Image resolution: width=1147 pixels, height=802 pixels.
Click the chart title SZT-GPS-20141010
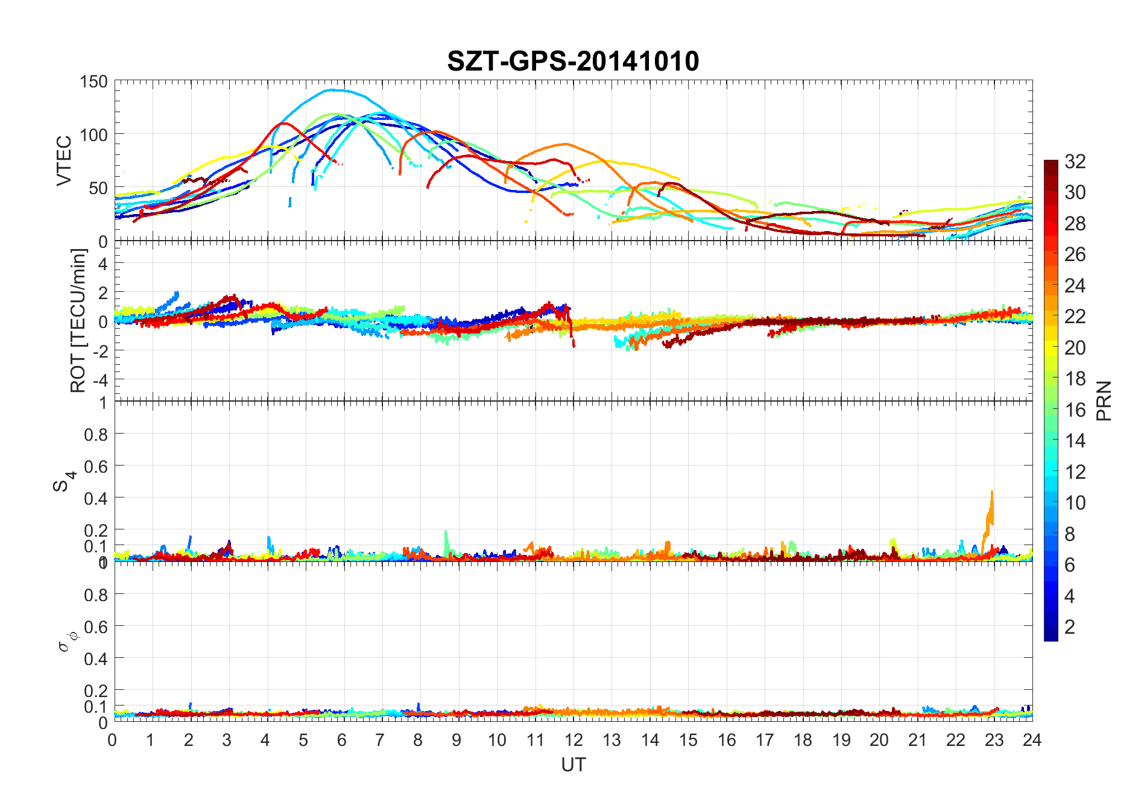(x=573, y=62)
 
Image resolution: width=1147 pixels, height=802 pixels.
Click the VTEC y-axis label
(x=64, y=160)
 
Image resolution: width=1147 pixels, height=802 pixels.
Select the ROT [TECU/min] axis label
(x=78, y=320)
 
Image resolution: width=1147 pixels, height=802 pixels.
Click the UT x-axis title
(x=573, y=765)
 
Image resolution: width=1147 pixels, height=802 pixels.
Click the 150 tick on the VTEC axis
(x=93, y=82)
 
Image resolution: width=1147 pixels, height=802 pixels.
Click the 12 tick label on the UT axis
(x=573, y=740)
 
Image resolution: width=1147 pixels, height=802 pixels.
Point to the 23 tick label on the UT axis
(x=994, y=740)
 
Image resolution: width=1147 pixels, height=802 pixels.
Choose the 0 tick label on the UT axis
(x=113, y=740)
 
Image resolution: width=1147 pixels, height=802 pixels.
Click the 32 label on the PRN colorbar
(x=1075, y=161)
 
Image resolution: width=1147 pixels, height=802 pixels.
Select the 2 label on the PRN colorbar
(x=1070, y=627)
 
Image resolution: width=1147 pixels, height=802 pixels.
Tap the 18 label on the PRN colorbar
(x=1075, y=379)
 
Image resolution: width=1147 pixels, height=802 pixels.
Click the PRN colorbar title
(x=1104, y=400)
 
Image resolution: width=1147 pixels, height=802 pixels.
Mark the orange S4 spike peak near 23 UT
(x=991, y=493)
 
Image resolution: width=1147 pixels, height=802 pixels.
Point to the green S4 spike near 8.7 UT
(x=446, y=532)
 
